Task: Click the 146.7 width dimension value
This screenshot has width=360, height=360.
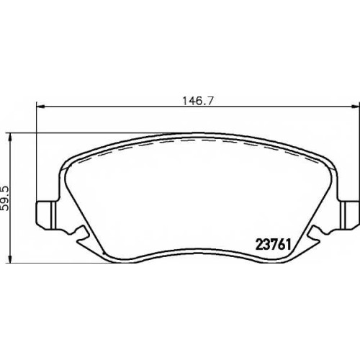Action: click(x=198, y=101)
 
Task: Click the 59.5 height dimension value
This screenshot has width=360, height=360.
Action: click(x=4, y=199)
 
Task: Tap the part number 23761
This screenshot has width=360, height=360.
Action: click(x=274, y=245)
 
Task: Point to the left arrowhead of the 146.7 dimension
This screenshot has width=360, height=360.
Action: click(x=40, y=107)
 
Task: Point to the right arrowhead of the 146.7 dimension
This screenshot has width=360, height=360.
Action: click(x=356, y=107)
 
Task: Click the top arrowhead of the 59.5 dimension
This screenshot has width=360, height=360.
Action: click(x=10, y=137)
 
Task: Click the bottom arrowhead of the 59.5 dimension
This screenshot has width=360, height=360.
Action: click(x=10, y=258)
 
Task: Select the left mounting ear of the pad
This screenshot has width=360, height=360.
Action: click(x=47, y=214)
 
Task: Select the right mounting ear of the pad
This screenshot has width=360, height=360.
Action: click(x=348, y=214)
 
